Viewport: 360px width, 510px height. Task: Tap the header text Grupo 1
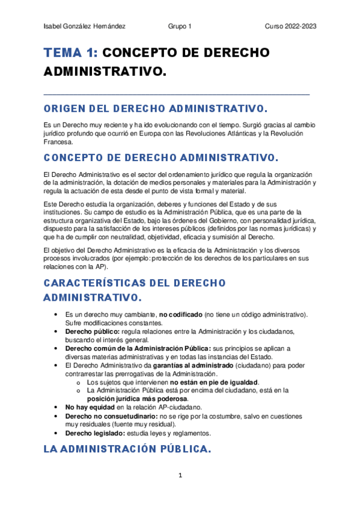pyautogui.click(x=180, y=27)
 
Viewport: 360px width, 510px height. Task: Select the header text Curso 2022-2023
pyautogui.click(x=291, y=27)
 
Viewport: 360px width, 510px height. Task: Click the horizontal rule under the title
pyautogui.click(x=177, y=94)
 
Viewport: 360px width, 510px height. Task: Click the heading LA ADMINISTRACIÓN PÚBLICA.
pyautogui.click(x=127, y=449)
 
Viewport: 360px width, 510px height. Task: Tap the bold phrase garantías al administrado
pyautogui.click(x=194, y=365)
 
